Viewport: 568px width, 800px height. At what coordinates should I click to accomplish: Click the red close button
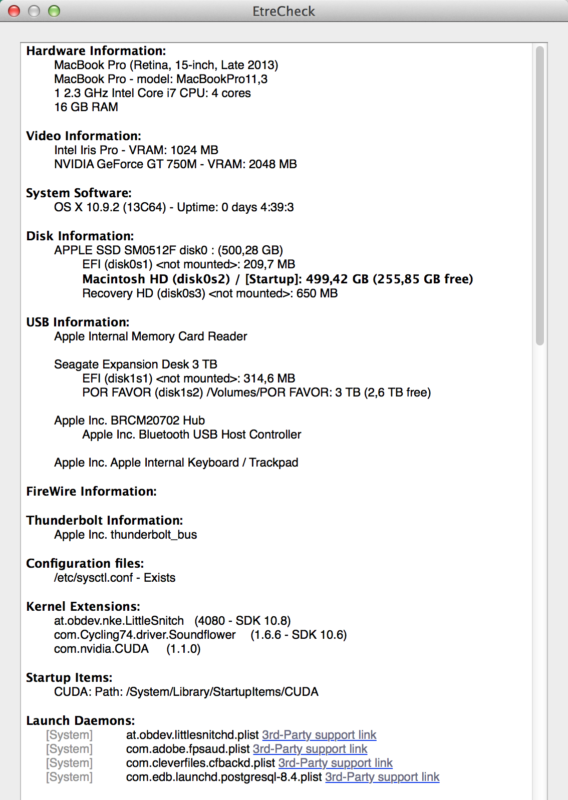[x=14, y=11]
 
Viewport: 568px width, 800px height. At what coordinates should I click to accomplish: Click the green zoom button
[x=54, y=11]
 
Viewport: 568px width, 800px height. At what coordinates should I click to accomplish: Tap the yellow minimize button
[x=34, y=11]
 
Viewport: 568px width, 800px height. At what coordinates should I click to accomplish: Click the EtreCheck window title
[x=283, y=11]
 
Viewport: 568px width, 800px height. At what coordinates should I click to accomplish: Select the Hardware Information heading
[x=96, y=51]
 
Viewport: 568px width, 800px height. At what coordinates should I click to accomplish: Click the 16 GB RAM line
[x=86, y=107]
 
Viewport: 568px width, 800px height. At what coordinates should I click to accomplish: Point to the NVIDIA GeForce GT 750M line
[x=175, y=164]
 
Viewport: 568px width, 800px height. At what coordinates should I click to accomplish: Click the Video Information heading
[x=84, y=136]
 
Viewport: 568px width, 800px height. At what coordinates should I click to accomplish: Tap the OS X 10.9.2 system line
[x=174, y=207]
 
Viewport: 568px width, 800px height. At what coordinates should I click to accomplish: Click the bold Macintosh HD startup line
[x=277, y=279]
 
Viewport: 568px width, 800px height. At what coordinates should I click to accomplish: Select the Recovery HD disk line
[x=210, y=293]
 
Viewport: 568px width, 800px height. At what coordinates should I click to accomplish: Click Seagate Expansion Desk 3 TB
[x=136, y=364]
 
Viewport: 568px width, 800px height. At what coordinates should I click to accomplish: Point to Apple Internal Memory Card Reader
[x=151, y=336]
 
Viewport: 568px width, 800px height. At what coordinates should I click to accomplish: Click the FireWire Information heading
[x=91, y=492]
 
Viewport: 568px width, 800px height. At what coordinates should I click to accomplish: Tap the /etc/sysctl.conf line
[x=115, y=578]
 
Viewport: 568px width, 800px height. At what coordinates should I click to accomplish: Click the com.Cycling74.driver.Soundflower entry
[x=145, y=635]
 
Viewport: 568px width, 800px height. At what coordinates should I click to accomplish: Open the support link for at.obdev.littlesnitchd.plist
[x=319, y=735]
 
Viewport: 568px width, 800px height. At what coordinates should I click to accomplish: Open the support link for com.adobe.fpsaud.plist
[x=310, y=749]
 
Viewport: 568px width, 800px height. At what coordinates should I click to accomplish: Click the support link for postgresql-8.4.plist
[x=382, y=777]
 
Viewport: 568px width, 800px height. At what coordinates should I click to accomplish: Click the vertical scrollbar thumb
[x=539, y=195]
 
